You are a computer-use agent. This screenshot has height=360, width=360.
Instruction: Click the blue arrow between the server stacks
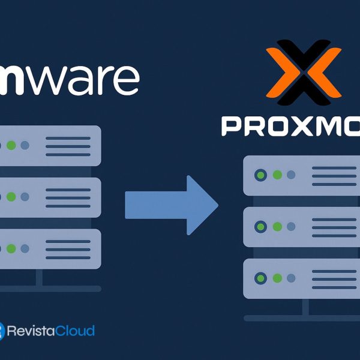click(171, 205)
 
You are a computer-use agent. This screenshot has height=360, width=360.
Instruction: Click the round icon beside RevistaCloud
click(2, 331)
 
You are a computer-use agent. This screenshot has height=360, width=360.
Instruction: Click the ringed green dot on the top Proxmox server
click(262, 175)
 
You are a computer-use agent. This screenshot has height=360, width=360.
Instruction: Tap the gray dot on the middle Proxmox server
click(291, 227)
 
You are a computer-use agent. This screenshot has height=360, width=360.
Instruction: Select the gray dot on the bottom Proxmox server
click(291, 278)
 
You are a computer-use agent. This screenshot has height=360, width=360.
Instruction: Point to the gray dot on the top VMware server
click(25, 146)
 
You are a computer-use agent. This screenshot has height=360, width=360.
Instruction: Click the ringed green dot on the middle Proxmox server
click(262, 227)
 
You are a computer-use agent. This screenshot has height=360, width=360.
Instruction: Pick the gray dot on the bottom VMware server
click(25, 248)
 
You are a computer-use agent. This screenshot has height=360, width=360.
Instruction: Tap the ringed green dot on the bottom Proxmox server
click(262, 278)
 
